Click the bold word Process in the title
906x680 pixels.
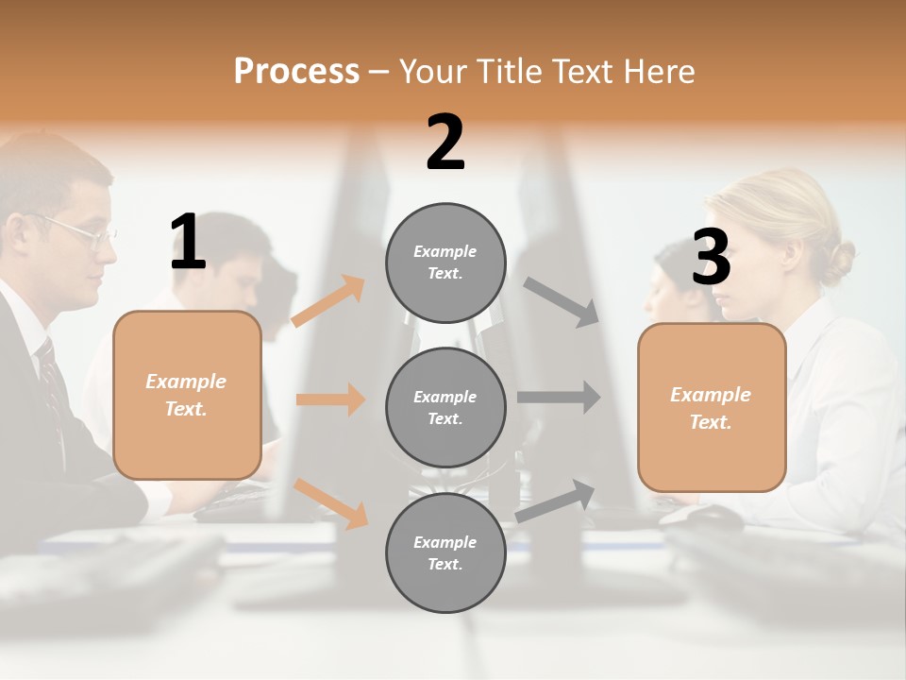[x=296, y=71]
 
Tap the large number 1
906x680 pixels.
[x=188, y=243]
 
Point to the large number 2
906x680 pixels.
[x=445, y=143]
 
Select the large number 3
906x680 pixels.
[x=711, y=258]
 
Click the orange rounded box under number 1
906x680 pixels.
[x=187, y=395]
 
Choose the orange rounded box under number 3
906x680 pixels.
[x=712, y=407]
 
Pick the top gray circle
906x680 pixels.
[x=445, y=263]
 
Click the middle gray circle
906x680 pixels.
[x=445, y=407]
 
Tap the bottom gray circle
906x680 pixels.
[x=445, y=552]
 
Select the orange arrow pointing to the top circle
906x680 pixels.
[x=328, y=301]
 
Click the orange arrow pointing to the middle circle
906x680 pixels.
[x=330, y=399]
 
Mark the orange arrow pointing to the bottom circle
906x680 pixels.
[x=331, y=502]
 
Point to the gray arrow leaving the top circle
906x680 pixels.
[x=562, y=301]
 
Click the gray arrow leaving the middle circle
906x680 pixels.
[x=559, y=398]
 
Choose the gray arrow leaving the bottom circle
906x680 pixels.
[x=556, y=501]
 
